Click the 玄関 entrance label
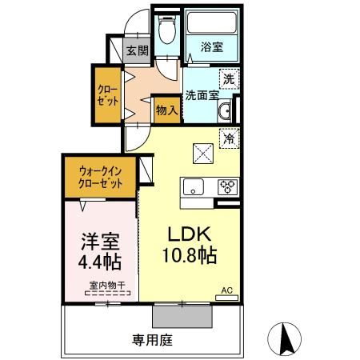click(137, 50)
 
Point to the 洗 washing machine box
click(228, 78)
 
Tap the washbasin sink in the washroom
click(225, 110)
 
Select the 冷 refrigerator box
click(229, 137)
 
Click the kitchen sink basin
click(194, 189)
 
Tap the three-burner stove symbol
click(226, 188)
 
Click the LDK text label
click(188, 234)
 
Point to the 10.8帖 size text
click(190, 257)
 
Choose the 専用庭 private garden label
click(152, 340)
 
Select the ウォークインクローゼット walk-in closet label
click(101, 176)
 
